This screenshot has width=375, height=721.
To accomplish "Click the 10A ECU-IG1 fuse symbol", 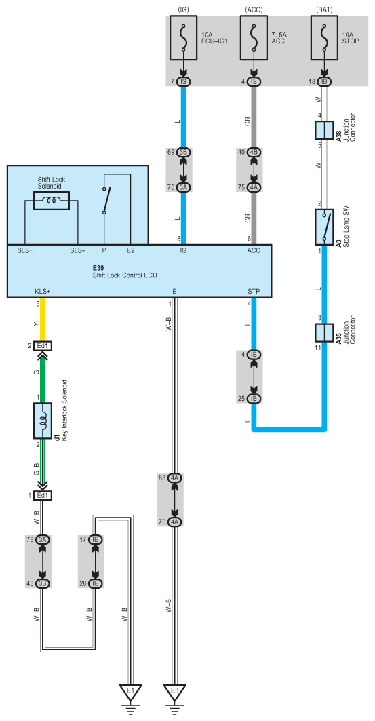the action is [x=183, y=38].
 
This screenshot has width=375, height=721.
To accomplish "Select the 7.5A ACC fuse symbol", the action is [x=254, y=38].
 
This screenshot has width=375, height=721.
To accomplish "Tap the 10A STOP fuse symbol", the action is [x=324, y=38].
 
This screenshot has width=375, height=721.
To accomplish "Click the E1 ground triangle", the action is [x=130, y=692].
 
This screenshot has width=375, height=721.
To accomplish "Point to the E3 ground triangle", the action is [x=174, y=692].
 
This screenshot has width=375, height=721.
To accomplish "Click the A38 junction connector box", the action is [x=324, y=130].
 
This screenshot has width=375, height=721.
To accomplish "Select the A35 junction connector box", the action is [x=324, y=332].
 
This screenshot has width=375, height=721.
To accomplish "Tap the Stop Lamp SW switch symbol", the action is [x=324, y=227].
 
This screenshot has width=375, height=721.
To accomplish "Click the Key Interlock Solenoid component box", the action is [x=42, y=421].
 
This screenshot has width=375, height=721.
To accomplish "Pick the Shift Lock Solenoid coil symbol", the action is [x=52, y=201].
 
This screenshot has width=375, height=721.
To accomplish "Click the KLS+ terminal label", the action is [x=42, y=291].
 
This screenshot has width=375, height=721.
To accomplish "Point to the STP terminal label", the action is [x=254, y=291].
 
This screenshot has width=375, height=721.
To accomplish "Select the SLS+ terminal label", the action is [x=25, y=250].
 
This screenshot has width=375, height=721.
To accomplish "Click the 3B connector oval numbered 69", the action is [x=183, y=152].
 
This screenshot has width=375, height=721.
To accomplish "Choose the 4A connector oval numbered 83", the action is [x=175, y=478].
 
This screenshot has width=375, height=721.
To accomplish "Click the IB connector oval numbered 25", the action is [x=254, y=398].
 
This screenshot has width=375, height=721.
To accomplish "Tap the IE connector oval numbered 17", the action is [x=96, y=539].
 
